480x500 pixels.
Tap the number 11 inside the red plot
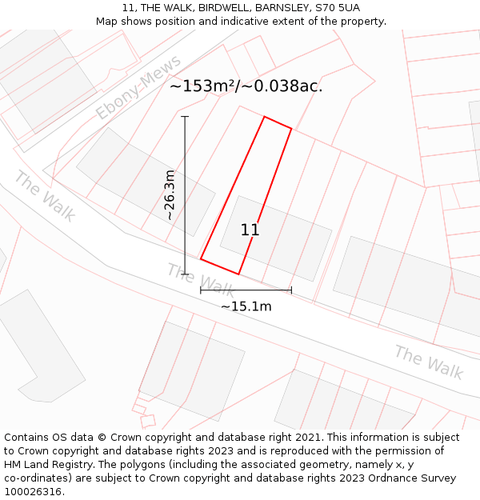tap(250, 230)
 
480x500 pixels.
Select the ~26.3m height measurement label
tap(170, 195)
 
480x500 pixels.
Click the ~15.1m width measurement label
tap(246, 306)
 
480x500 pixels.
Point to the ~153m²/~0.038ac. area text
tap(246, 86)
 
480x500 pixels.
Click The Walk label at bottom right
tap(429, 362)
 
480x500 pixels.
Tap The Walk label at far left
tap(45, 196)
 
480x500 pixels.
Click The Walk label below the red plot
tap(201, 280)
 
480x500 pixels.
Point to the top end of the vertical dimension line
tap(185, 117)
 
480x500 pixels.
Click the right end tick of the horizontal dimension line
tap(291, 290)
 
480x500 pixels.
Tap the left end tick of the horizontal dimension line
tap(201, 290)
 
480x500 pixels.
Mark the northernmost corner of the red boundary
tap(265, 117)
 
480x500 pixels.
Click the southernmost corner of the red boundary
tap(238, 274)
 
